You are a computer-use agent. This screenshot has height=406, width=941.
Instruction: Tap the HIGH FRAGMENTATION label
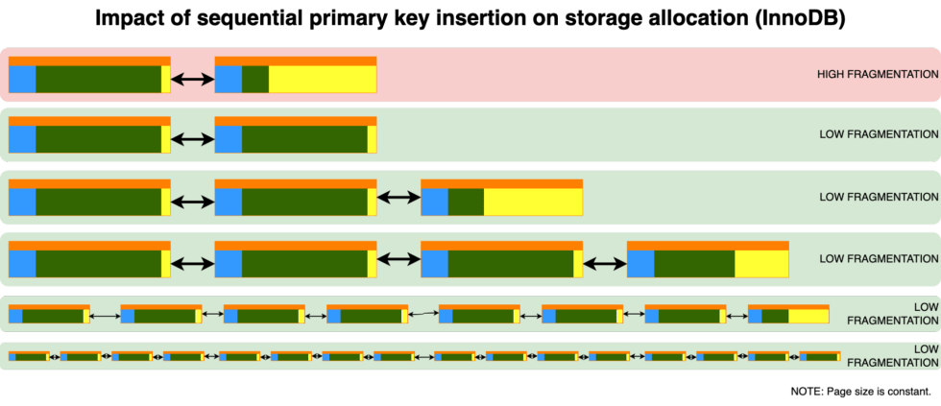878,74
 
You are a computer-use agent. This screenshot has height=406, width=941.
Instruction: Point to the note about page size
860,392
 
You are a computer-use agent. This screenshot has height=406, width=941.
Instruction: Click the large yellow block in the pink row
322,79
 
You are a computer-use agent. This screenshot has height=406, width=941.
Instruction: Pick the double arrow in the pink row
192,80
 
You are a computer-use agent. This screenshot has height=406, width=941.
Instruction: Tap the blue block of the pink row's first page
22,79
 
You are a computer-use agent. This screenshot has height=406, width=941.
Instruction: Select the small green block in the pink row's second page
254,79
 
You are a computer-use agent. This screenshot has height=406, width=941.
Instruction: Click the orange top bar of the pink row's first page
89,60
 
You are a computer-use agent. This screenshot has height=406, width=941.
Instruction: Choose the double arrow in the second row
192,139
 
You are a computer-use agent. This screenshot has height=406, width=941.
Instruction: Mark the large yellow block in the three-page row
533,202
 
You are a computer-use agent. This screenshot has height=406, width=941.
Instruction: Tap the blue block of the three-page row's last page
434,202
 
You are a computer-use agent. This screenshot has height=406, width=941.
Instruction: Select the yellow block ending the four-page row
761,263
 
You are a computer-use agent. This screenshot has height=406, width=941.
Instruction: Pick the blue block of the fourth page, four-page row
640,263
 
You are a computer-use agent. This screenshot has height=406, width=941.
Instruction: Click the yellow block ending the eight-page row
808,315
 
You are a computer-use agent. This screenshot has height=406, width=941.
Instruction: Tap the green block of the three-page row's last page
466,202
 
